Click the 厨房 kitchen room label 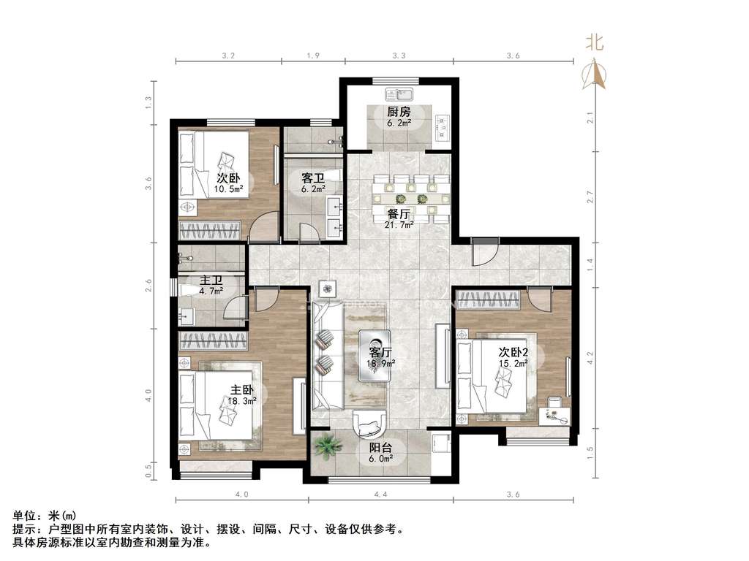coord(399,112)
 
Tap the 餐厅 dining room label coord(399,214)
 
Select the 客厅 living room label coord(380,353)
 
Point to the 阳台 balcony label coord(380,448)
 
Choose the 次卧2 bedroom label coord(513,353)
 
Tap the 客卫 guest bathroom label coord(313,178)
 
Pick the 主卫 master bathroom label coord(211,280)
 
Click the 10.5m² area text coord(228,189)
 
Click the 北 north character coord(595,42)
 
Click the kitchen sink coord(400,93)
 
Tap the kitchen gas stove coord(443,128)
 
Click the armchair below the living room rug coord(369,423)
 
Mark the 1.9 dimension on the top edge coord(313,56)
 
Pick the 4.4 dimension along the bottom coord(380,495)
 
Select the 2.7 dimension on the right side coord(590,196)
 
